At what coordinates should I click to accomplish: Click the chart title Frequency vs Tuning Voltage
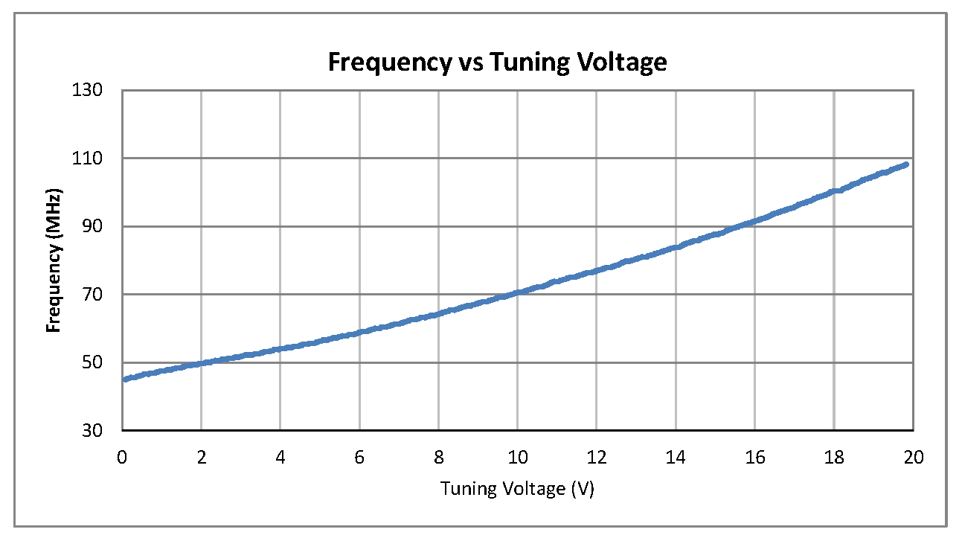497,63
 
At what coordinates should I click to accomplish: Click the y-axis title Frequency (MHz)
54,260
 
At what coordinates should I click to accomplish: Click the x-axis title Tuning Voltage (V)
517,489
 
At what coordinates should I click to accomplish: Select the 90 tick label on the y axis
107,226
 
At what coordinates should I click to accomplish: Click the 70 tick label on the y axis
107,295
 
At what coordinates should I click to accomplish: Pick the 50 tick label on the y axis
107,363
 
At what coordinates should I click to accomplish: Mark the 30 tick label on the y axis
107,431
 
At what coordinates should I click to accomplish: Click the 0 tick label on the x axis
122,457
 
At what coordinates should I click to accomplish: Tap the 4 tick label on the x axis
280,457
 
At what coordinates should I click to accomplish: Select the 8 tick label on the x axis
438,457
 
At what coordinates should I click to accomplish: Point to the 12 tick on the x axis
597,457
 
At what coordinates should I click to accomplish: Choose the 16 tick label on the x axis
755,457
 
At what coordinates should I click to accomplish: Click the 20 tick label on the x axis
914,457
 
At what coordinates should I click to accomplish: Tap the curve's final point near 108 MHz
905,164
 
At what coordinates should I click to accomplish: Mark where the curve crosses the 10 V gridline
518,292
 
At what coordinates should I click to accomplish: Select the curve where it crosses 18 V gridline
834,191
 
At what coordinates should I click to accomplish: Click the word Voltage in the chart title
619,63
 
